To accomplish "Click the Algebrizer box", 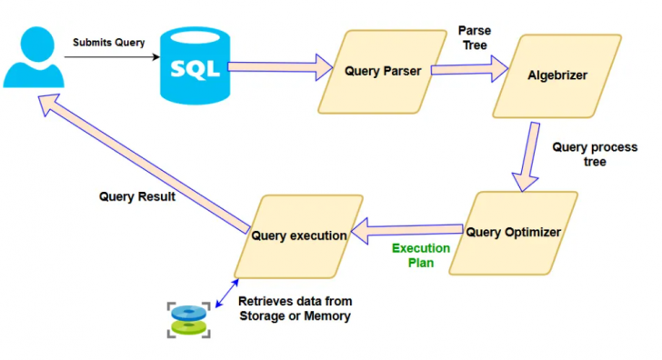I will [557, 75].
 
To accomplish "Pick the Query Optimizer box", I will [513, 232].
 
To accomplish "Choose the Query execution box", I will [299, 235].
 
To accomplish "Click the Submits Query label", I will [109, 43].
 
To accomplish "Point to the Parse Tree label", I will [475, 38].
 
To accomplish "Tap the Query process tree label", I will [594, 155].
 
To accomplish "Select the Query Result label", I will [136, 195].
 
